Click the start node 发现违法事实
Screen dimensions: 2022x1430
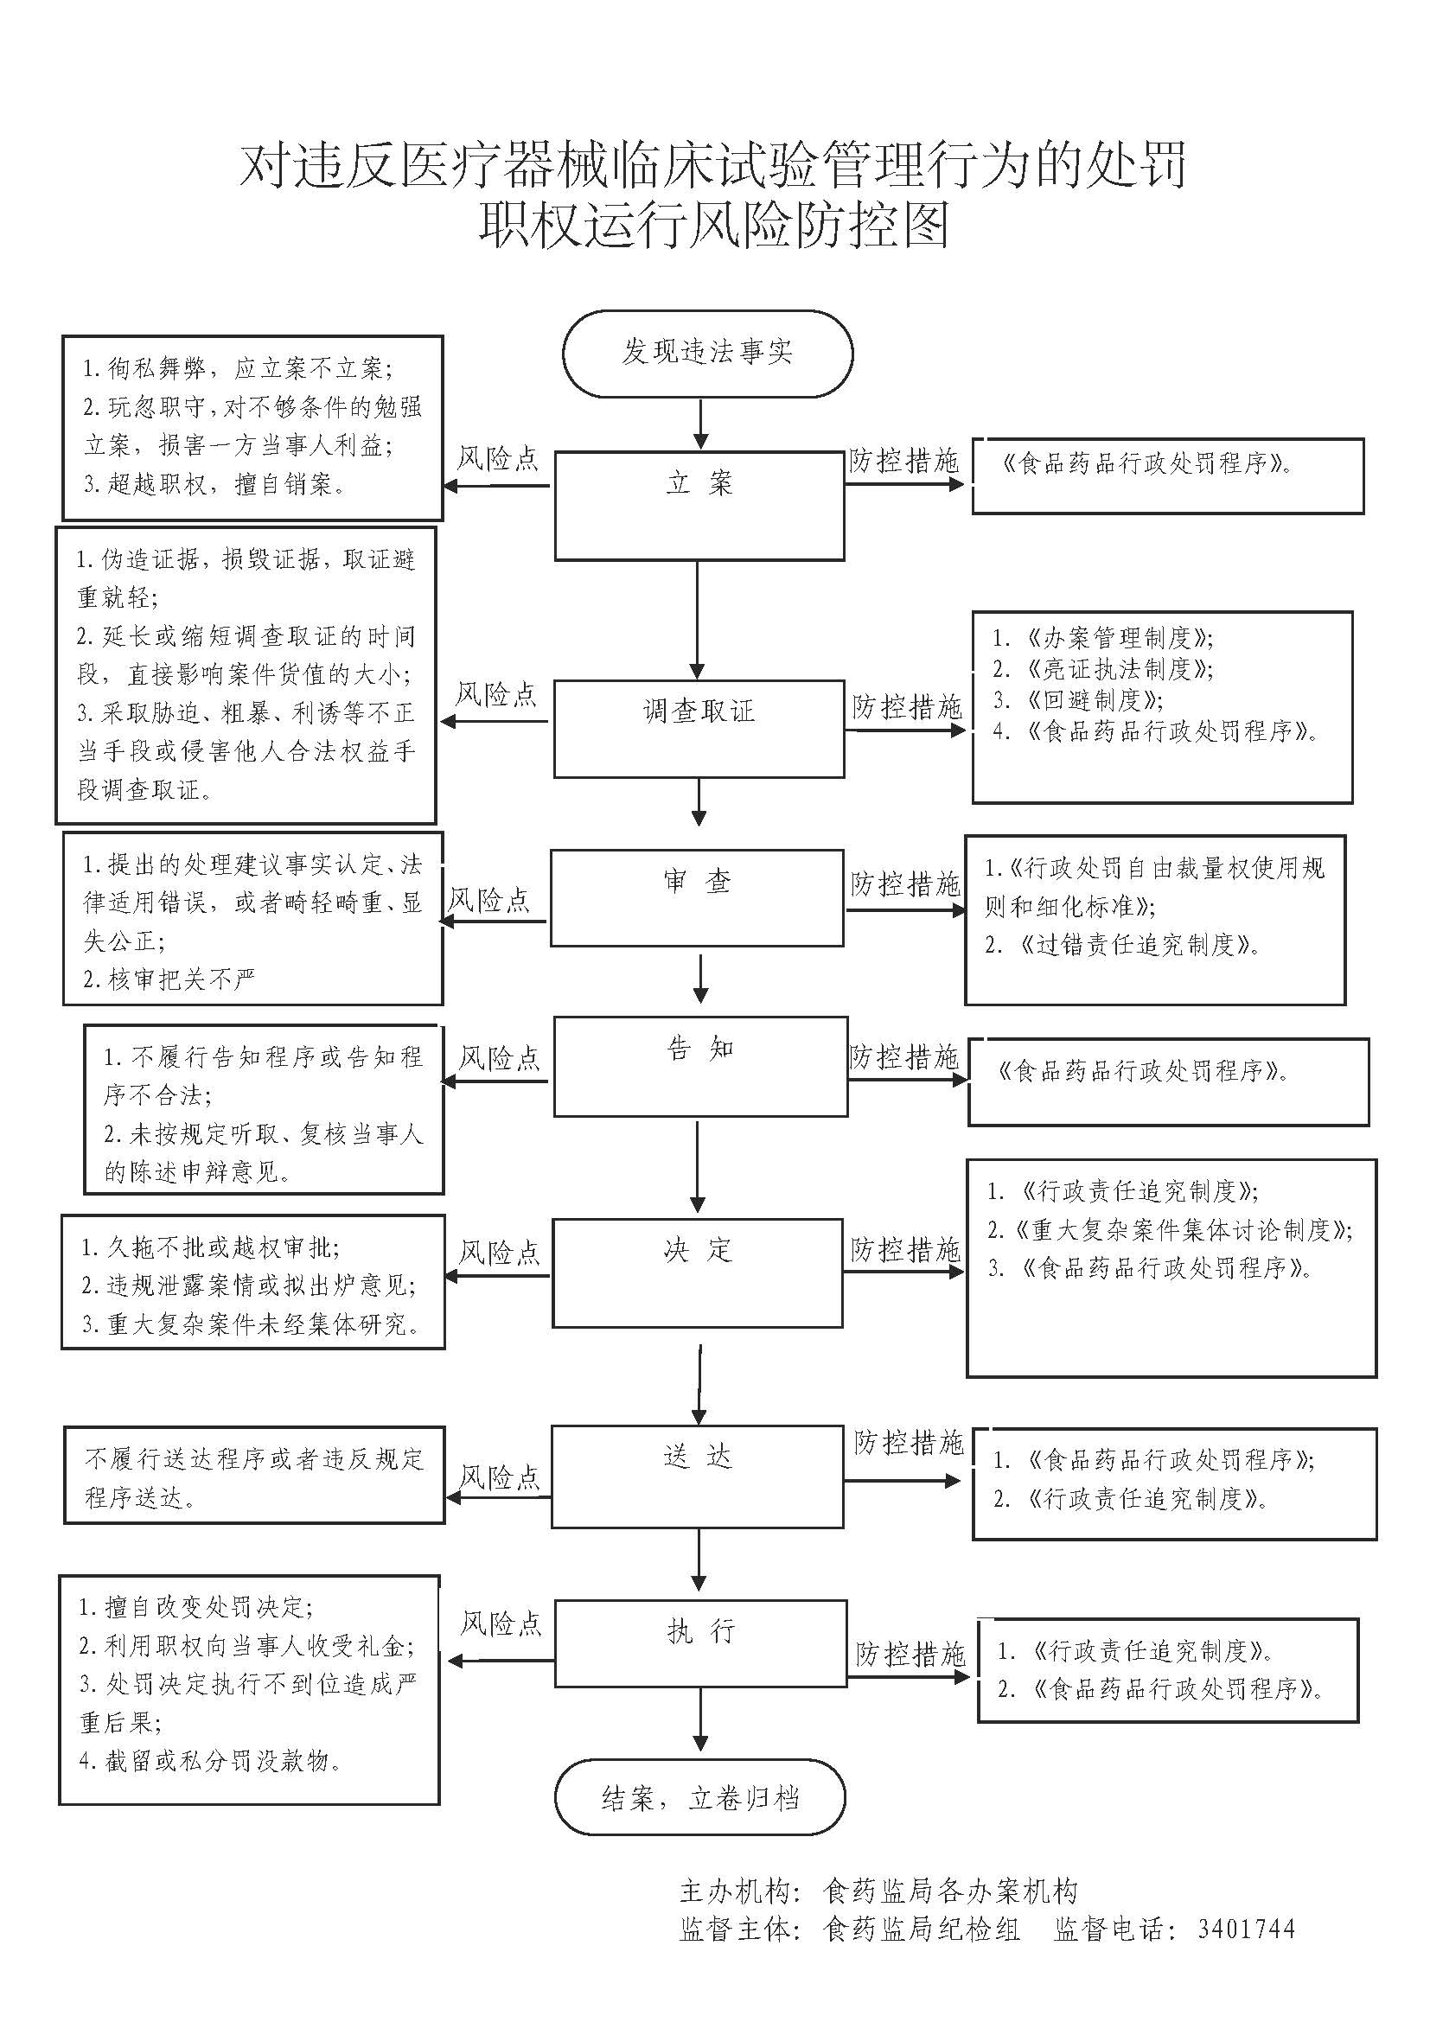point(707,352)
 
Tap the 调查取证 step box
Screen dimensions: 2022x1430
point(699,727)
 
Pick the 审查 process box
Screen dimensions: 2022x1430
point(698,897)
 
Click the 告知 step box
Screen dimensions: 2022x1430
point(700,1066)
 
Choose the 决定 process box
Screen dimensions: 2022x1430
point(698,1273)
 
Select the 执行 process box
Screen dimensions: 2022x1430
point(700,1643)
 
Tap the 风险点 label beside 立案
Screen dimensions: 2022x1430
point(497,459)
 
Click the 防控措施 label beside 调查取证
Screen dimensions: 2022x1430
point(907,706)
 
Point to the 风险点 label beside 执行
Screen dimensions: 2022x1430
point(501,1623)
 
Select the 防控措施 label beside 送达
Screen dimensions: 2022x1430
point(909,1442)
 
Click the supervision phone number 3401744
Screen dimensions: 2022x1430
point(1246,1930)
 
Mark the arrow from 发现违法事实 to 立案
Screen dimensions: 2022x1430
point(700,424)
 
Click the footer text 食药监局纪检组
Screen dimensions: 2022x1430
point(921,1930)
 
